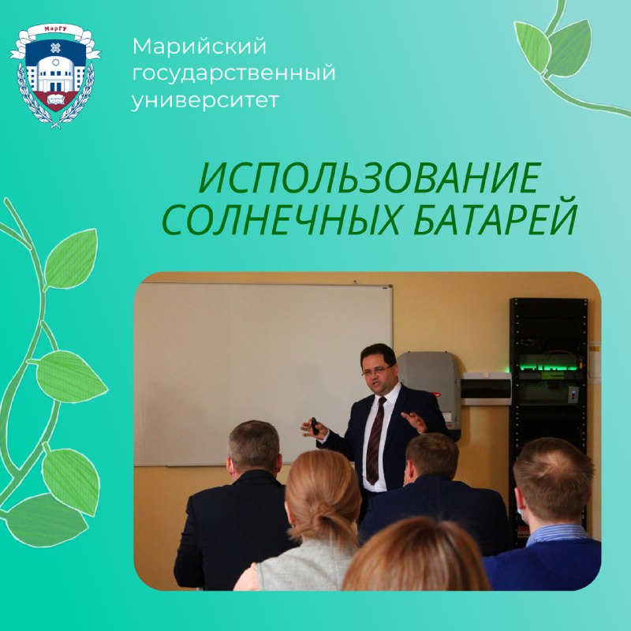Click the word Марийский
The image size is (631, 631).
[x=200, y=47]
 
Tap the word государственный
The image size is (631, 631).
[x=233, y=73]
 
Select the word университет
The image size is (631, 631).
[x=205, y=99]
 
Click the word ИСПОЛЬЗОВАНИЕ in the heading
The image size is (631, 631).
[x=370, y=179]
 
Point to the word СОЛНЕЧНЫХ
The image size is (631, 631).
[x=282, y=220]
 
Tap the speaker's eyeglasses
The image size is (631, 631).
[x=376, y=371]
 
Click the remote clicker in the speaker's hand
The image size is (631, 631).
[x=314, y=426]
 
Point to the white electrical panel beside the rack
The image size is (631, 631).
[x=486, y=388]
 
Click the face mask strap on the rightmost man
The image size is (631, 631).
[x=520, y=512]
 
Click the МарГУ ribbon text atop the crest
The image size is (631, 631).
[x=55, y=29]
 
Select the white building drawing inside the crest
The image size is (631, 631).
[x=55, y=74]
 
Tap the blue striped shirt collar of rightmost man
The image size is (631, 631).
[x=558, y=534]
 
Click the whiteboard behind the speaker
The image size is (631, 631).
[x=263, y=374]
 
